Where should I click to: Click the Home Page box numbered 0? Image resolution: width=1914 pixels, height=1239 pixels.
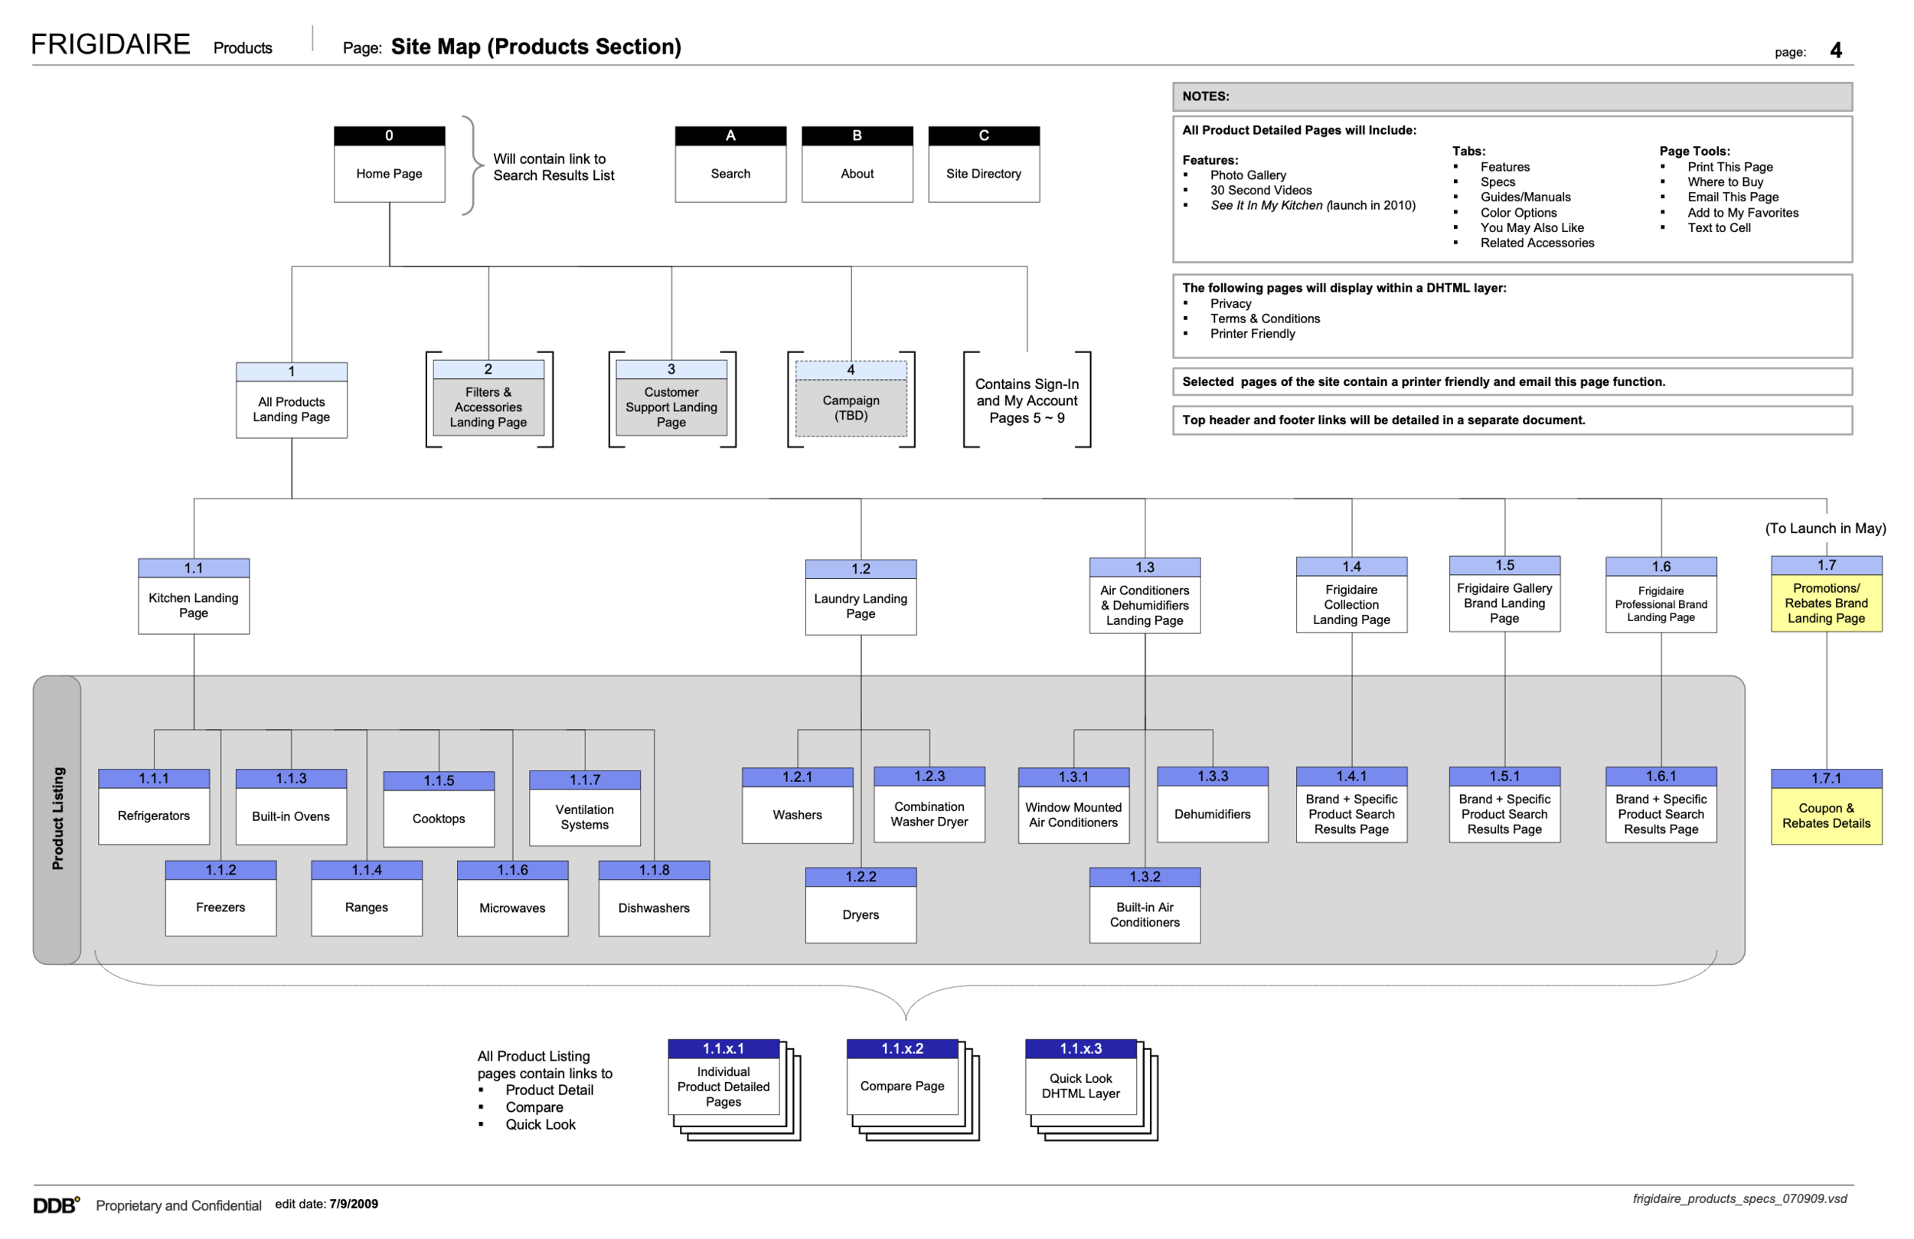point(389,165)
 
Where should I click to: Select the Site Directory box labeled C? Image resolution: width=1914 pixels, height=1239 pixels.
point(984,165)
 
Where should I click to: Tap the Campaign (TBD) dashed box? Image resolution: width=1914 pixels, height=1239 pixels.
point(851,400)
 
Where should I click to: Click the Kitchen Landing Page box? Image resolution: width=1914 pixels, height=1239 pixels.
point(193,597)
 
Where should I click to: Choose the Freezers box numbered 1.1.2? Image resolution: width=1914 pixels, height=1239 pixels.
point(220,900)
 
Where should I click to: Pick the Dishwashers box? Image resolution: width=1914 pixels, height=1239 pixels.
point(654,900)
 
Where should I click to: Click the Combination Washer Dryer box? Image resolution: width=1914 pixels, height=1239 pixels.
point(929,806)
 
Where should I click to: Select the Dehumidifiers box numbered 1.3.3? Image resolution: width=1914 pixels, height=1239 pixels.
point(1212,806)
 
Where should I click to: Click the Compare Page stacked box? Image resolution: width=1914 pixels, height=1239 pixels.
point(903,1078)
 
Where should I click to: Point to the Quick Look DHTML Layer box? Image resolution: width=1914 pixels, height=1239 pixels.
point(1080,1078)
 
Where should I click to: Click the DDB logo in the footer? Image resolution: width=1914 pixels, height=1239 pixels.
point(55,1205)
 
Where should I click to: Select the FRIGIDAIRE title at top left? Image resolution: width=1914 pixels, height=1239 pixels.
point(110,44)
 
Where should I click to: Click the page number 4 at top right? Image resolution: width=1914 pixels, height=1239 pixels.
point(1835,51)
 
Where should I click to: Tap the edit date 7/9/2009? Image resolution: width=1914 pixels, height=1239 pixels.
point(353,1204)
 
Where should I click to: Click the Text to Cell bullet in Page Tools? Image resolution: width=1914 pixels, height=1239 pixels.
point(1719,227)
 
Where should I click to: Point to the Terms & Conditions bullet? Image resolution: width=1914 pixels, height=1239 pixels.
point(1264,319)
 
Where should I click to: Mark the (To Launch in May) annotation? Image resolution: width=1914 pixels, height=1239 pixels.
point(1824,528)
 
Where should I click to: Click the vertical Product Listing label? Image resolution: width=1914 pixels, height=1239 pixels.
point(58,819)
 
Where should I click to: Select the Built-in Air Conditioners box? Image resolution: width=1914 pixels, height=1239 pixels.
point(1145,906)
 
